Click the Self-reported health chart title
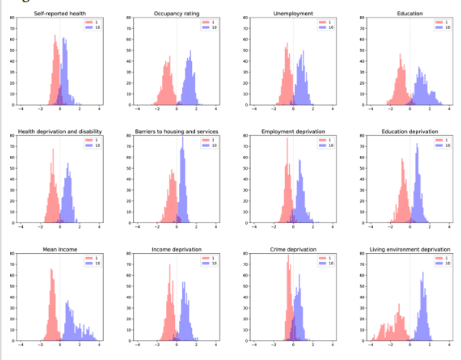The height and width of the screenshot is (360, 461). (x=60, y=14)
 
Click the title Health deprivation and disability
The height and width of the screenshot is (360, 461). (x=60, y=131)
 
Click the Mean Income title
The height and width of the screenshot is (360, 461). (x=60, y=250)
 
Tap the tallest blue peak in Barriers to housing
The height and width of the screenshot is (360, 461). (x=182, y=149)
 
